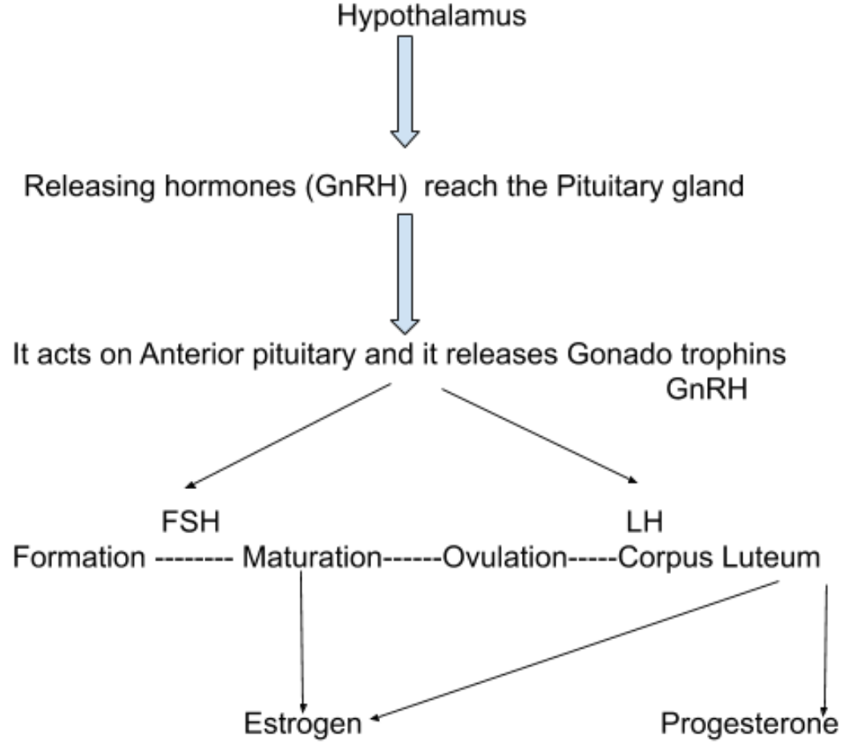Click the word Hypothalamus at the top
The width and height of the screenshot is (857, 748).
(x=432, y=17)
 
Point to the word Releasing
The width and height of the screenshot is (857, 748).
(x=87, y=187)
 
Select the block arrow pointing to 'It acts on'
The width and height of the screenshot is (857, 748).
(x=406, y=273)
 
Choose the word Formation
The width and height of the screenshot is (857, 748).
(x=79, y=557)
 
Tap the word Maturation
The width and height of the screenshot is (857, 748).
(x=310, y=557)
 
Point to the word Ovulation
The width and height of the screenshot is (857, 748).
(x=504, y=557)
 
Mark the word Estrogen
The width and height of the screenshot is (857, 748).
(x=302, y=724)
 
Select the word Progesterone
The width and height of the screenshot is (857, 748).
(x=750, y=724)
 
